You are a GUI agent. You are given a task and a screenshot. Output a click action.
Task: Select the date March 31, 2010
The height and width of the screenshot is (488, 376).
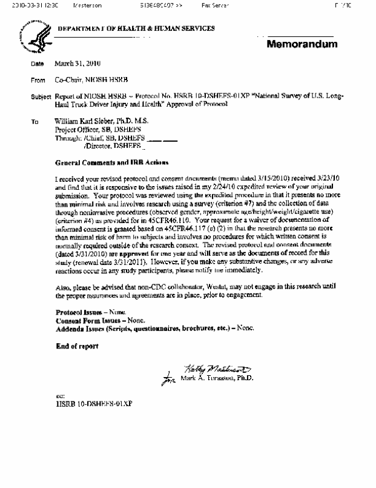(x=78, y=64)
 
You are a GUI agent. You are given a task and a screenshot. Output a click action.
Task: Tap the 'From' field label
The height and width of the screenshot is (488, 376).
(x=38, y=79)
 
